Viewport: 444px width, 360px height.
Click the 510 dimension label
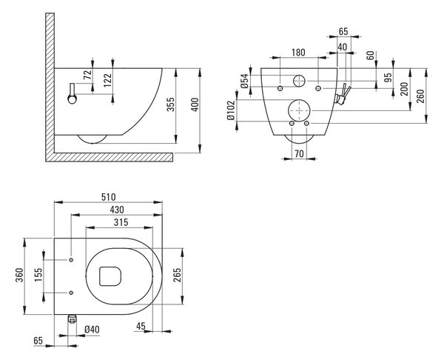109,197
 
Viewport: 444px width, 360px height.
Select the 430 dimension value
117,210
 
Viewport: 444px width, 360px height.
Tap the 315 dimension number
121,222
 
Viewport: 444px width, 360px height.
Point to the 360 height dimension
19,275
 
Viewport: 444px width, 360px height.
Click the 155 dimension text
38,275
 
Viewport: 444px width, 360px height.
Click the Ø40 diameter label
92,330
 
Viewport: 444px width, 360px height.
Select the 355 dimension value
170,104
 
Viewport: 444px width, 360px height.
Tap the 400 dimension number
195,104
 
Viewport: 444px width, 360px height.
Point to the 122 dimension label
107,80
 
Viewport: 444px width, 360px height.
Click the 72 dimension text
87,75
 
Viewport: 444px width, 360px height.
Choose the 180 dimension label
298,53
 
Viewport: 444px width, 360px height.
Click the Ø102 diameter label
231,110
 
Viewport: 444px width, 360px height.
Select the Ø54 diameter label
244,81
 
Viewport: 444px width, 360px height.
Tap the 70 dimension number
299,153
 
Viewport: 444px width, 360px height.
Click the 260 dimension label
420,96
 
